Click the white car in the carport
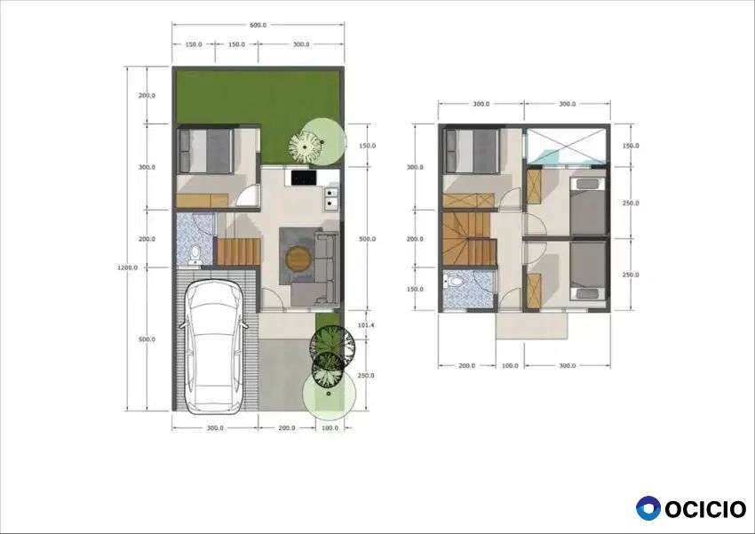click(x=214, y=347)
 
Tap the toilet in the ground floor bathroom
click(x=195, y=255)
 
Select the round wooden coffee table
click(x=299, y=259)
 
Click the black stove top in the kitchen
click(x=304, y=178)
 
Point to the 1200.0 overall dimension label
click(x=127, y=267)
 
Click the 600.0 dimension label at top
click(x=258, y=25)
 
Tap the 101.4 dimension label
click(x=366, y=325)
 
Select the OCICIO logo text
click(x=706, y=509)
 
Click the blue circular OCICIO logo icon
click(x=648, y=508)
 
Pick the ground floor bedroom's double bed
click(x=206, y=151)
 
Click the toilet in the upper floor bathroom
click(x=456, y=281)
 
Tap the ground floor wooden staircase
click(x=238, y=251)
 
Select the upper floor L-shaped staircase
click(x=468, y=239)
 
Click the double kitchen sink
click(x=332, y=198)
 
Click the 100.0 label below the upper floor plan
click(x=510, y=365)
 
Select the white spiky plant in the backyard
click(x=306, y=147)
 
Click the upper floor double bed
click(x=473, y=151)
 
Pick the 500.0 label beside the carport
click(x=147, y=339)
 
